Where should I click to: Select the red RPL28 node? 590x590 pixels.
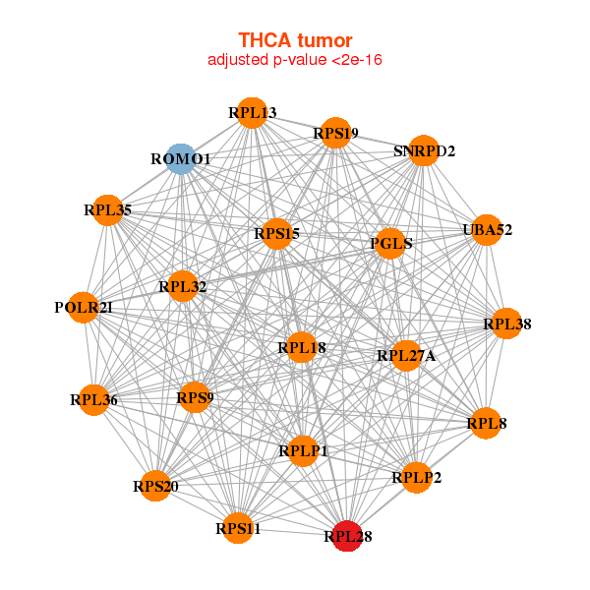point(347,536)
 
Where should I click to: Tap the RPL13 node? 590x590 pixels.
point(252,113)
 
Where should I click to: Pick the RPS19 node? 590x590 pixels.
point(334,133)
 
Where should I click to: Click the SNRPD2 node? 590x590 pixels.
point(423,150)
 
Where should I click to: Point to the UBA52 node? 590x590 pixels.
point(487,230)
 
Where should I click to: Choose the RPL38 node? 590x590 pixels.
point(506,324)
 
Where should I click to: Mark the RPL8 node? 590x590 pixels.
point(486,424)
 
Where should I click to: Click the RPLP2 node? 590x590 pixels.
point(416,478)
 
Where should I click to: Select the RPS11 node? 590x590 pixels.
point(238,529)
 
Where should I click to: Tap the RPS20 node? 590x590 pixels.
point(155,486)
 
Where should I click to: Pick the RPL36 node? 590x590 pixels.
point(93,399)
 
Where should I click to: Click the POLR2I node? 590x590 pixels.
point(84,307)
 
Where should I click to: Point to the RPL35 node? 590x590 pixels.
point(107,209)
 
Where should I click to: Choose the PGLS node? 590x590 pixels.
point(390,243)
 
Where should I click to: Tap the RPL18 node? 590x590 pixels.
point(301,346)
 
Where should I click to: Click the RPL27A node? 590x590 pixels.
point(406,356)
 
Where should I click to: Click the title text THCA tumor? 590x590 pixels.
point(295,40)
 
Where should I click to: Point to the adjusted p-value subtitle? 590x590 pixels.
point(295,60)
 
